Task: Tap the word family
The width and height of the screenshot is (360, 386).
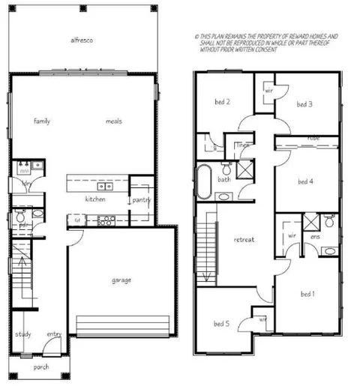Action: (41, 121)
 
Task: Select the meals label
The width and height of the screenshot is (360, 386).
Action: (113, 121)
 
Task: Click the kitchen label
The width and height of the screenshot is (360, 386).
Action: (95, 199)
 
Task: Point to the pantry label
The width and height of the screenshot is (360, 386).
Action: (142, 200)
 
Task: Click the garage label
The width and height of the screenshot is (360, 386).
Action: (121, 280)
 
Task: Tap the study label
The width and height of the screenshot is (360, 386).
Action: (22, 334)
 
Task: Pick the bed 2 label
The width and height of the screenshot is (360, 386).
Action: (222, 102)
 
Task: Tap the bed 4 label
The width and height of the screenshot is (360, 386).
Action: (304, 181)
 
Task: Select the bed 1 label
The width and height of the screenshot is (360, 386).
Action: (307, 294)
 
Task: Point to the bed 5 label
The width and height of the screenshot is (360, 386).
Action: (221, 324)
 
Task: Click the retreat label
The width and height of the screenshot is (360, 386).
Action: (244, 240)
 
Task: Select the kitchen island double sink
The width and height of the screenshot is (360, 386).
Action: (105, 186)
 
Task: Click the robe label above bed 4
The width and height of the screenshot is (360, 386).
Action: (313, 139)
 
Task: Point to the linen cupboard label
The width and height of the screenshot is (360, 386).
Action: (243, 145)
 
